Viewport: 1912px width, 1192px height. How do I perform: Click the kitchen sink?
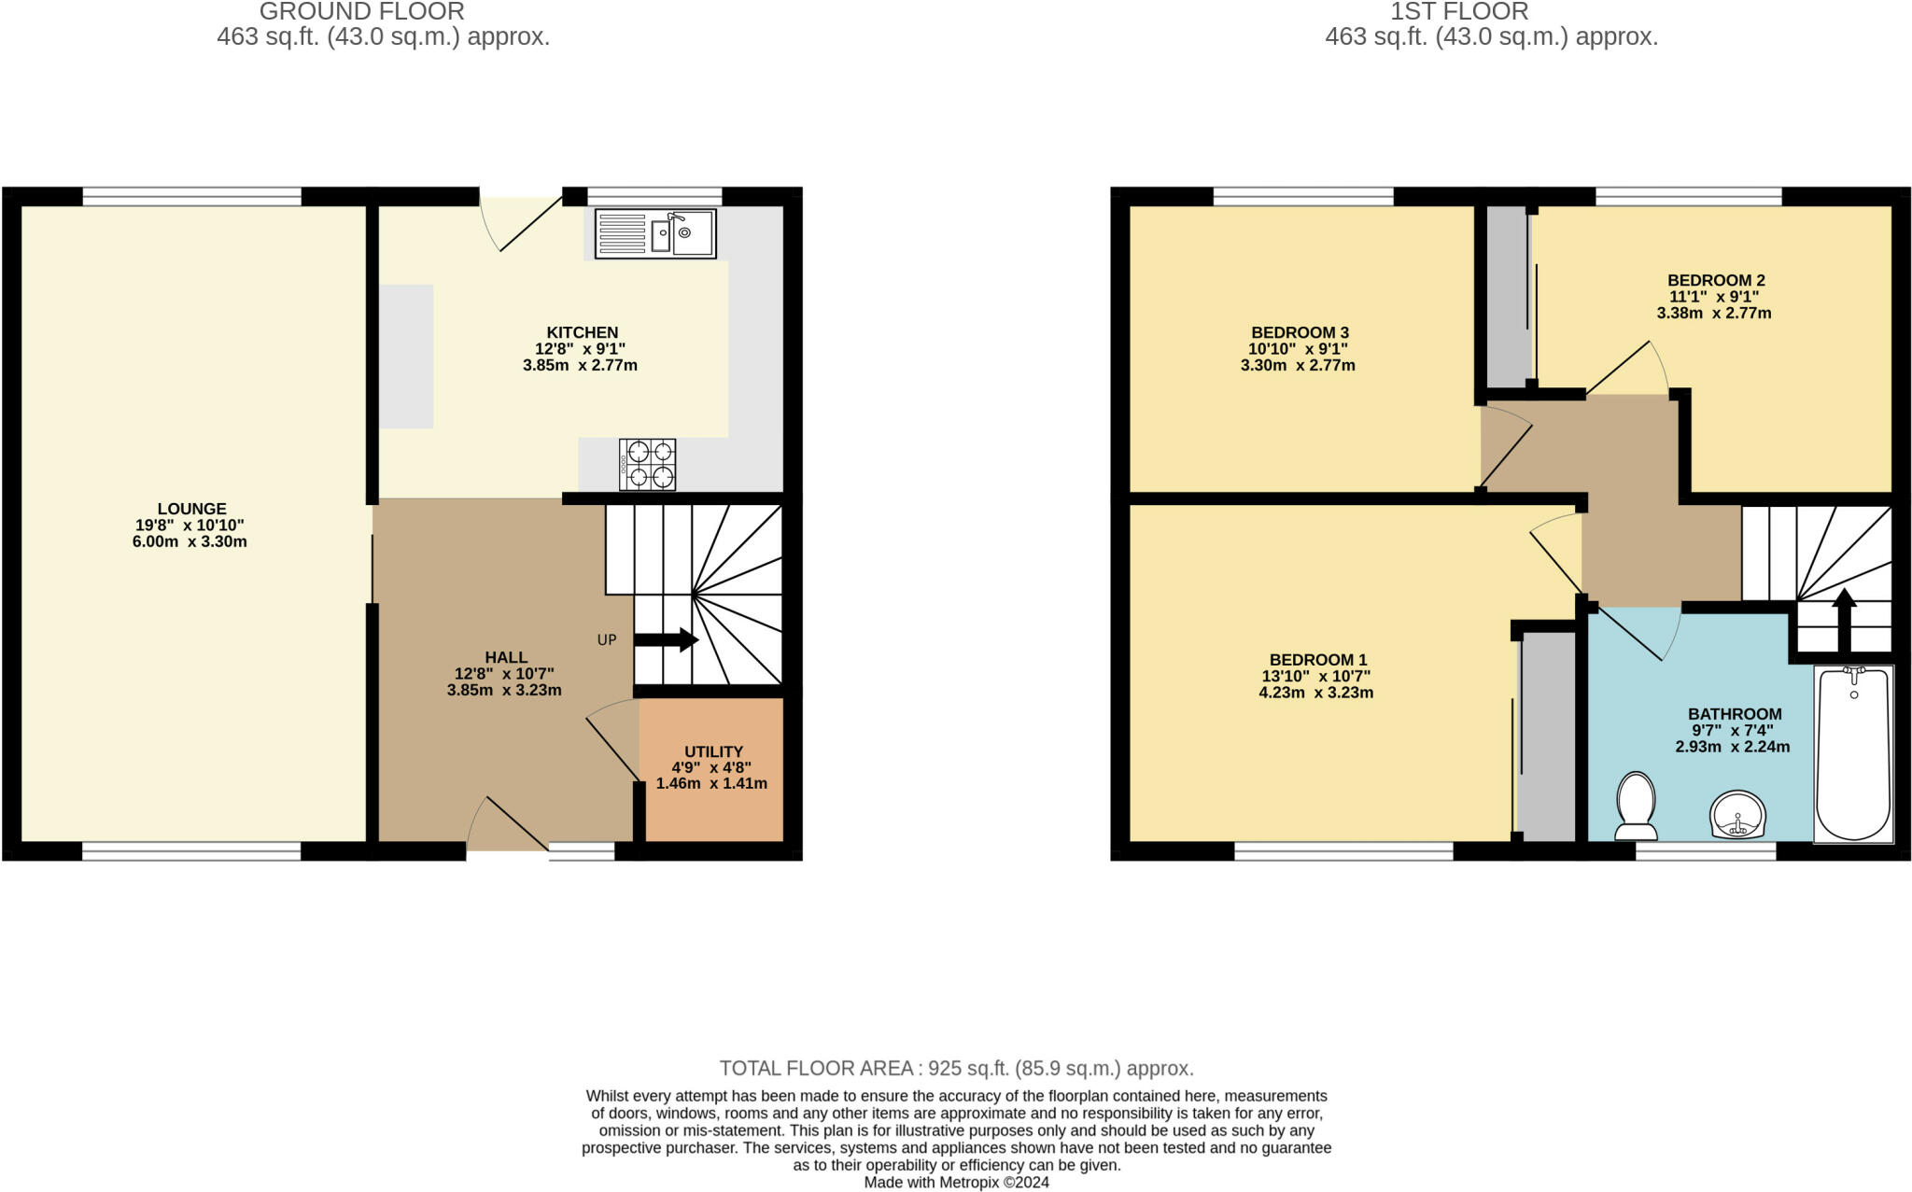pos(655,233)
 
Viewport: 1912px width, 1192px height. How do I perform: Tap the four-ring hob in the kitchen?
pos(647,464)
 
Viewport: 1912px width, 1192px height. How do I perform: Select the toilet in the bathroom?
pos(1636,806)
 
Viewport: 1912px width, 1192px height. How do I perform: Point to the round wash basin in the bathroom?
pos(1738,815)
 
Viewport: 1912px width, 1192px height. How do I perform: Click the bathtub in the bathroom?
pos(1853,754)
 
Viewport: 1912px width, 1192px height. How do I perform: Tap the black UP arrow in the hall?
pos(667,640)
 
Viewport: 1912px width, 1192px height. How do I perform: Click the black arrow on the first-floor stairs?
pos(1844,620)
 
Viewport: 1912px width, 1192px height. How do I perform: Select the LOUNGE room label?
pos(191,509)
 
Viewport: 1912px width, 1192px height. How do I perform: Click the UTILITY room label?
pos(713,751)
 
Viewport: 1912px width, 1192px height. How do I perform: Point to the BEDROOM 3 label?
pos(1300,332)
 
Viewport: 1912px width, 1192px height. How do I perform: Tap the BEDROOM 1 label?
pos(1317,660)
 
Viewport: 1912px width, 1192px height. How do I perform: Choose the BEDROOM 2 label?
pos(1716,280)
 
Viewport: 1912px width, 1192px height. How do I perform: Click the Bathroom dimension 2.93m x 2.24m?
pos(1733,747)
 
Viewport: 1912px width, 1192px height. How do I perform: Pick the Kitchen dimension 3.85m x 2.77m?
pos(580,365)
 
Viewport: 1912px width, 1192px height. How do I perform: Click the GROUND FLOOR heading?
pos(361,12)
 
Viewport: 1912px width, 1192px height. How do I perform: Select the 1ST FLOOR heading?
pos(1459,12)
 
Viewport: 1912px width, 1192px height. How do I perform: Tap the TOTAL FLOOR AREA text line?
pos(956,1068)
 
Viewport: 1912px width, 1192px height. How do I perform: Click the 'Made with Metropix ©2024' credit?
pos(956,1183)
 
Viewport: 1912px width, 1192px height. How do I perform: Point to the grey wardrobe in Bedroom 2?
pos(1507,296)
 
